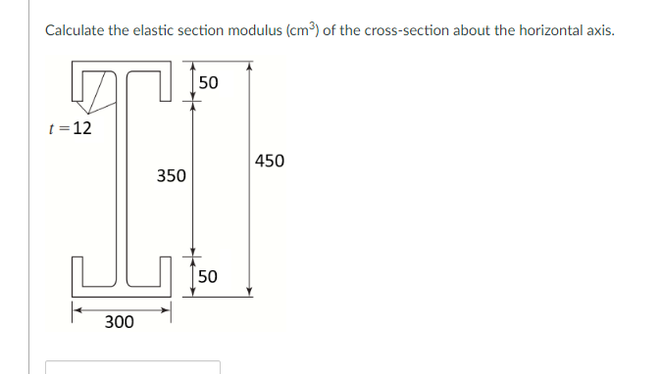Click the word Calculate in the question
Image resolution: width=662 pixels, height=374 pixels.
pyautogui.click(x=76, y=30)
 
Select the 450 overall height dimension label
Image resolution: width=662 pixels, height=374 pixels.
pyautogui.click(x=269, y=161)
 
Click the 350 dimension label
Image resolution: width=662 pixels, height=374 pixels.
pyautogui.click(x=171, y=176)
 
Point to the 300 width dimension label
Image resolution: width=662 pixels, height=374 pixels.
pyautogui.click(x=120, y=322)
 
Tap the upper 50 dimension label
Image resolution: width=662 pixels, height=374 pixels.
pyautogui.click(x=208, y=82)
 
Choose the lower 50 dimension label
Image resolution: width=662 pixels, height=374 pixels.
pyautogui.click(x=208, y=277)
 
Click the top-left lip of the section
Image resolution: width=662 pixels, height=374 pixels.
pyautogui.click(x=74, y=82)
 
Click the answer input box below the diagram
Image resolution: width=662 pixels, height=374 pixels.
pyautogui.click(x=132, y=367)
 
